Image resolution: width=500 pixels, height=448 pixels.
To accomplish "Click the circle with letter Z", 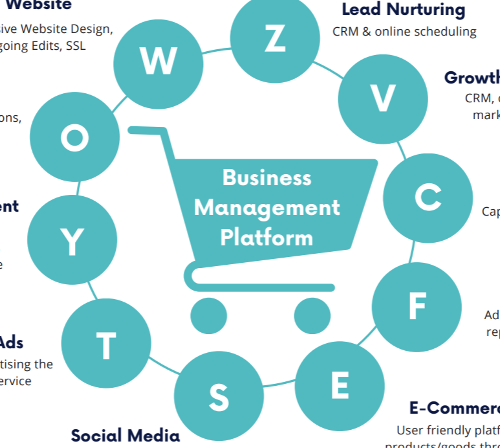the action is (275, 39).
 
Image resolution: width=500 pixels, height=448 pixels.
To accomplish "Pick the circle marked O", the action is (75, 138).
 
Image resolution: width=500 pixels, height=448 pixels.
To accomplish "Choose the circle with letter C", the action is (428, 197).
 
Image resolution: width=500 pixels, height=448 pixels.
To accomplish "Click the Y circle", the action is (72, 241).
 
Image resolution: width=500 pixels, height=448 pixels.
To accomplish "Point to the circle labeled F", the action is (417, 307).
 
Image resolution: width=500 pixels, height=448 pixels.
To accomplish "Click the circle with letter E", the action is (340, 386).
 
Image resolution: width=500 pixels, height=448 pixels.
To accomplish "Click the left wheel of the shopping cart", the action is (209, 316).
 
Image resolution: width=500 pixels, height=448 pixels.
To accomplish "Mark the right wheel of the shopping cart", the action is (312, 316).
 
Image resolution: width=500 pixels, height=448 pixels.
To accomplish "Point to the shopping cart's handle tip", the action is (133, 130).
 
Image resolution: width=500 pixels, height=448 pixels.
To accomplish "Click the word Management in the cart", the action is (266, 208).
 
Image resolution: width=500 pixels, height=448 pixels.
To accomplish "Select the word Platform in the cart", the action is (266, 237).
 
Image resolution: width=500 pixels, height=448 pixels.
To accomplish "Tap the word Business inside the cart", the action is (266, 177).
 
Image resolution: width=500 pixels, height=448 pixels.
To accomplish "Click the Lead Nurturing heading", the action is (403, 10).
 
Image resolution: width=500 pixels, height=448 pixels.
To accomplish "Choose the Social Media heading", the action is (124, 435).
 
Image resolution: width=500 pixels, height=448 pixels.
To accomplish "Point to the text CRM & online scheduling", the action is (404, 31).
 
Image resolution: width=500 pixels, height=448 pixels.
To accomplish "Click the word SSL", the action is (76, 46).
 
